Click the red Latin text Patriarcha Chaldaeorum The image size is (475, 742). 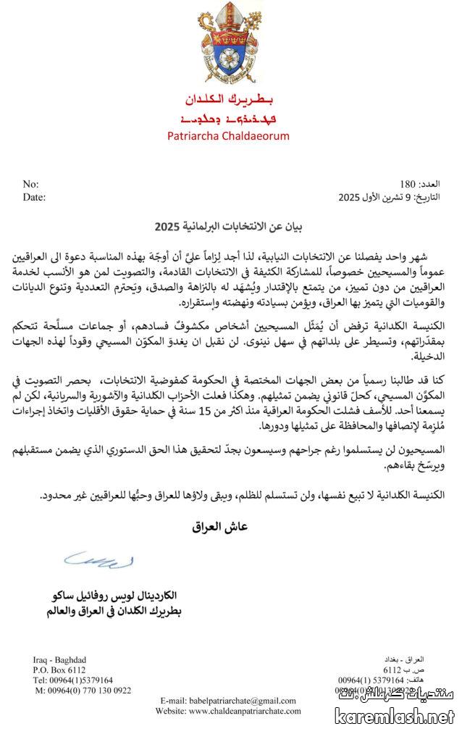(237, 136)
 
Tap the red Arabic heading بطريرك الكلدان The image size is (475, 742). (237, 101)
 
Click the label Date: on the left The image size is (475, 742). (34, 196)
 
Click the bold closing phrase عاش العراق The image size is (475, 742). (220, 527)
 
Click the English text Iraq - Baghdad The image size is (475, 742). (59, 659)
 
